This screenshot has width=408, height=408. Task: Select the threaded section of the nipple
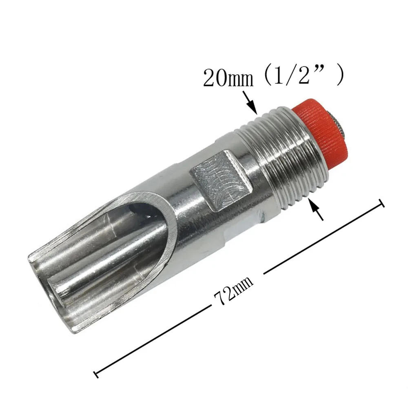pyautogui.click(x=286, y=155)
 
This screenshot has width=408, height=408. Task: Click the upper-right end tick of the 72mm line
pyautogui.click(x=382, y=203)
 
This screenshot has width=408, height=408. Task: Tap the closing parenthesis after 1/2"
pyautogui.click(x=339, y=76)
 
